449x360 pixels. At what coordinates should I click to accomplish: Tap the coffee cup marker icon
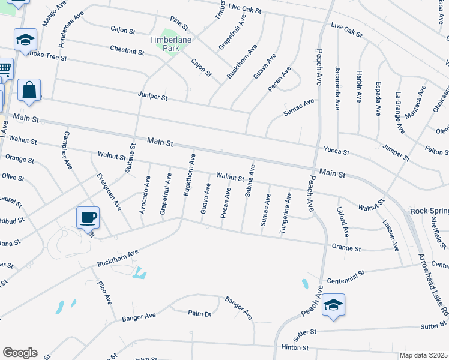coord(88,217)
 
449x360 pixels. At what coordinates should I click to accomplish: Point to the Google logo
coord(20,353)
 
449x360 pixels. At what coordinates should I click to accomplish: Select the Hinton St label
coord(294,348)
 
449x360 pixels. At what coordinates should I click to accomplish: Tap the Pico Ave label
coord(106,291)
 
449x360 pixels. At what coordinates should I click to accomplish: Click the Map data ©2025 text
coord(423,355)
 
